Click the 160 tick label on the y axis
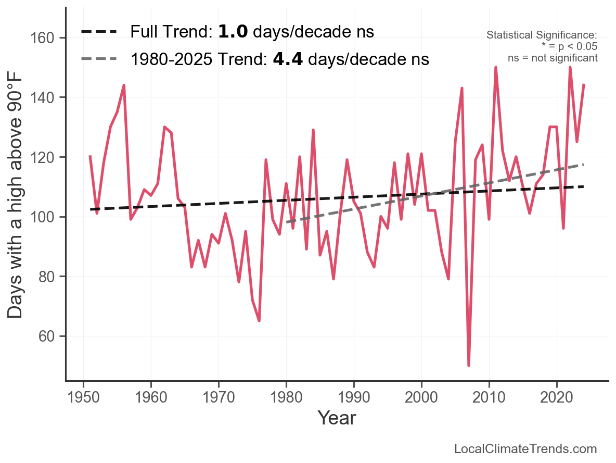(49, 38)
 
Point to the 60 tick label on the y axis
(49, 336)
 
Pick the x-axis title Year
(337, 418)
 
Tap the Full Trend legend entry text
(252, 32)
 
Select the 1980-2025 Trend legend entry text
(279, 59)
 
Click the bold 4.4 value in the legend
(288, 59)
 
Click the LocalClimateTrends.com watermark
(525, 449)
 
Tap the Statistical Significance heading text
(542, 35)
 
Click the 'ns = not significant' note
(553, 58)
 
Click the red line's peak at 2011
(496, 68)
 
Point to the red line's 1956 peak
(124, 85)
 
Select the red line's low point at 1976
(259, 321)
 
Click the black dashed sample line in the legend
(99, 32)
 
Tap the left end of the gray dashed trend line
(287, 222)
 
